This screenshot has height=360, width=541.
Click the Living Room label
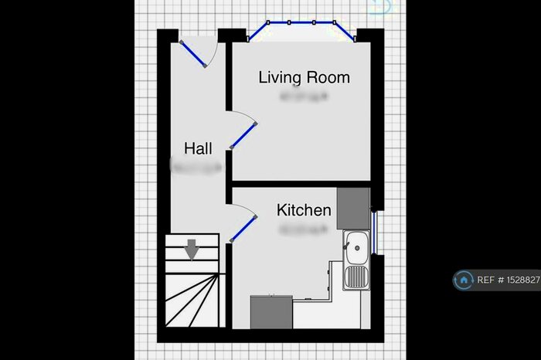(x=304, y=77)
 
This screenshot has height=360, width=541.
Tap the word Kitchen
(x=305, y=210)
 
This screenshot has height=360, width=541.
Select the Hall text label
(x=198, y=148)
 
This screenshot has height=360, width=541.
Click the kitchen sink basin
(x=356, y=249)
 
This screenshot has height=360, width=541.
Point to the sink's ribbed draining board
(x=356, y=277)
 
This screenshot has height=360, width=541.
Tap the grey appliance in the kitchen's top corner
(x=353, y=208)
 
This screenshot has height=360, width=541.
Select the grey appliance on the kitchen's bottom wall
(x=271, y=313)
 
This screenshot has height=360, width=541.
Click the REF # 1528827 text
(x=508, y=280)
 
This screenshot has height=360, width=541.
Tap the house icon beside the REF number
(x=464, y=280)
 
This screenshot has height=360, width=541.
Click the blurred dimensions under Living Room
(x=304, y=97)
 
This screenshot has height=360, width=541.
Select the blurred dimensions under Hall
(x=197, y=165)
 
